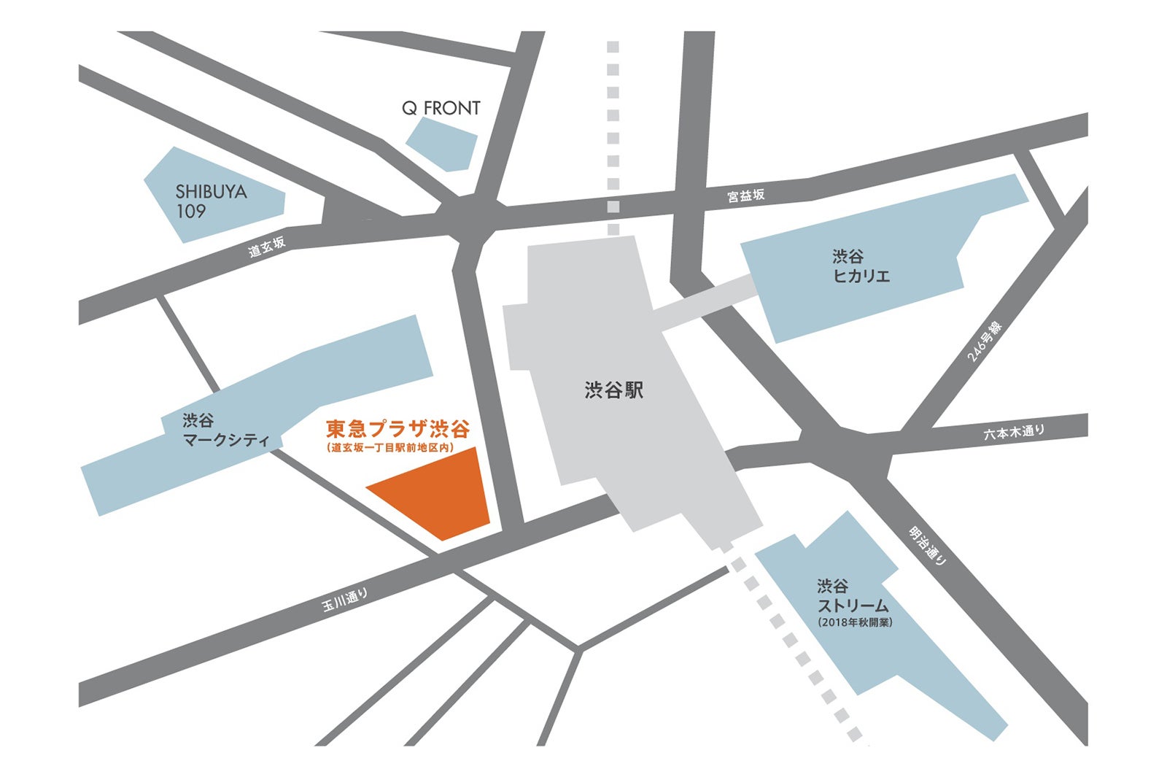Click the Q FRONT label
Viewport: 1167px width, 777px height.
tap(441, 108)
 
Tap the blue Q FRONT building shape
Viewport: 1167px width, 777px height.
tap(442, 144)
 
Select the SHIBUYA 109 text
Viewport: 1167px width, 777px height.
tap(211, 201)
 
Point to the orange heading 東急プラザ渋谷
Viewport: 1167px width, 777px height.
tap(398, 428)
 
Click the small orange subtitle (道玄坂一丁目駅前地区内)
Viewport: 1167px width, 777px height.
tap(390, 448)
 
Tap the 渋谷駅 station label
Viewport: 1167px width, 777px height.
tap(613, 390)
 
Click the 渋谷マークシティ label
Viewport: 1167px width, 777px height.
tap(225, 430)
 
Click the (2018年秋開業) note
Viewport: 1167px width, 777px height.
tap(855, 622)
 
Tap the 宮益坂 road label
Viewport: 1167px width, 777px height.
tap(745, 195)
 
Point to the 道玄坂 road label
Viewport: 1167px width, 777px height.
tap(267, 247)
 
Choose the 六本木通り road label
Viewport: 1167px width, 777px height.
tap(1013, 432)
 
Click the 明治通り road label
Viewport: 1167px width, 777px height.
tap(928, 546)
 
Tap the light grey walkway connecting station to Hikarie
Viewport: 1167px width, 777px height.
tap(704, 303)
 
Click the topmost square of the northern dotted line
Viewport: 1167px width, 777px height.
tap(613, 47)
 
